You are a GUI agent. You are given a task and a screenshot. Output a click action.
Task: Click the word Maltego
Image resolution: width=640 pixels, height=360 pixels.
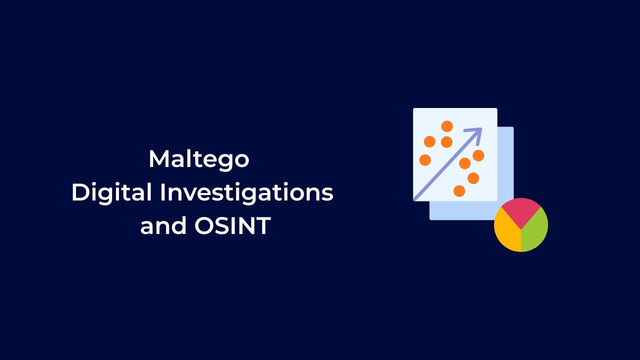point(199,159)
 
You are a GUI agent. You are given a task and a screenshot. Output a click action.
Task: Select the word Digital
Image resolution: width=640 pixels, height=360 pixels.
point(111,192)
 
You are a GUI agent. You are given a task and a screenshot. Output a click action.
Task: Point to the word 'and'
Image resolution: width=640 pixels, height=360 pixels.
point(162,226)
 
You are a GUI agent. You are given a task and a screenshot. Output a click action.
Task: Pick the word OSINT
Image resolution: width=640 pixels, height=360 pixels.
point(232,226)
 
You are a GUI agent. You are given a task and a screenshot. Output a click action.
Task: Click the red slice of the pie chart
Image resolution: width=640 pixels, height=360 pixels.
point(521,210)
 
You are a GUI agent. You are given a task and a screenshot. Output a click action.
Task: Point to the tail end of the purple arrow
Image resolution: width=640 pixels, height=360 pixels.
point(415,198)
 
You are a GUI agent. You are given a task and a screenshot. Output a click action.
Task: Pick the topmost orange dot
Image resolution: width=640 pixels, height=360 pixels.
point(447,126)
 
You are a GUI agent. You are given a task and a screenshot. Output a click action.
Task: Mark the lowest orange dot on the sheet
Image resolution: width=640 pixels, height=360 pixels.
point(459,191)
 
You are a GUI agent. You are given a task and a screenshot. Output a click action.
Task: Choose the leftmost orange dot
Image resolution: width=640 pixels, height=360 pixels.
point(425,160)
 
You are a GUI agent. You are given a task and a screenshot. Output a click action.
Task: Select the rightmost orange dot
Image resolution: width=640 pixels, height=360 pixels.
point(478,155)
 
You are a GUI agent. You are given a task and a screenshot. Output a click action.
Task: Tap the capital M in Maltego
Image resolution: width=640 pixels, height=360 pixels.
point(158,159)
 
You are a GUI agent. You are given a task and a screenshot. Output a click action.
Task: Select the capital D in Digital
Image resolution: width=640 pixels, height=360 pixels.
point(80,192)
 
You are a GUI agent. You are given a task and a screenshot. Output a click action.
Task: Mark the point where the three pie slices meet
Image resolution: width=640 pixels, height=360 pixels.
point(521,229)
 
